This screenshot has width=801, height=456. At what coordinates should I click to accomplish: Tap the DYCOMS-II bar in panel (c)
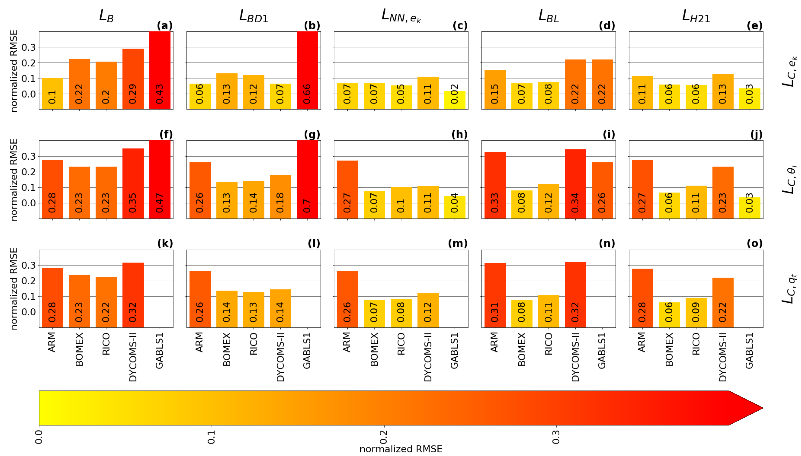coord(428,93)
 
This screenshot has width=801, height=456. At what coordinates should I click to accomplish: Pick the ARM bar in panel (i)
coord(495,185)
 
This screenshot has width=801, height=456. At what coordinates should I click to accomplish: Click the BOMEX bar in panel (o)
coord(669,315)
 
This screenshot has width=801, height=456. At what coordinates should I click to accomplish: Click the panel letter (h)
coord(459,135)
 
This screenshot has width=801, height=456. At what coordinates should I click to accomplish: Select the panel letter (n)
coord(607,243)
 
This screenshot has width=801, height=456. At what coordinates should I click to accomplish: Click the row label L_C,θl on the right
coord(789,180)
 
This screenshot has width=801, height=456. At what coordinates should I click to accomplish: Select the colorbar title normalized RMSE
coord(401,449)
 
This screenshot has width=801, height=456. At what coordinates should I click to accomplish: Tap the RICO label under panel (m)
coord(401,344)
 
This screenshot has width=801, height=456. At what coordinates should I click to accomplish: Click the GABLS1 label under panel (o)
coord(749,351)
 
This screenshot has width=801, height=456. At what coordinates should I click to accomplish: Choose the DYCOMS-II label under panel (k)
coord(133,357)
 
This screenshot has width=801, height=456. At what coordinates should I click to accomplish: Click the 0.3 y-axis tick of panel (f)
coord(28,156)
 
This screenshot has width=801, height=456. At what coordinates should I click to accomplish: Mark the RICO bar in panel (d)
coord(548,96)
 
